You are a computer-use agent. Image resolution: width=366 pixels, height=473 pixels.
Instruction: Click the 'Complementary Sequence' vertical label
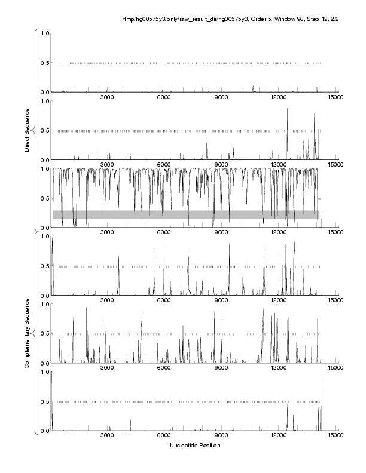(x=27, y=329)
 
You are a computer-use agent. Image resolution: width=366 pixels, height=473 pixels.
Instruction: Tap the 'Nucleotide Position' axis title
(x=195, y=445)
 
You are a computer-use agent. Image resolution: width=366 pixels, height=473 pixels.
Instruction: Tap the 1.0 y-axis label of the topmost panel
(x=44, y=33)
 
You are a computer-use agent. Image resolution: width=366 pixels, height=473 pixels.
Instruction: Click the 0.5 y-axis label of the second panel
(x=44, y=131)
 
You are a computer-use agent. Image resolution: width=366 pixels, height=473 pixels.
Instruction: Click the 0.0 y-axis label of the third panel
(x=44, y=228)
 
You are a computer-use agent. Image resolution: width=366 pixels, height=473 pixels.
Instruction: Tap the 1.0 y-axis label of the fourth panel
(x=44, y=236)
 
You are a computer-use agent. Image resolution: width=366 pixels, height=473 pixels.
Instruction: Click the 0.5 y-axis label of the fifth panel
(x=44, y=334)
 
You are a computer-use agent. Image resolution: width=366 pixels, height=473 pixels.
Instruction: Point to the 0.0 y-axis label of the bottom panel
(x=44, y=431)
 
